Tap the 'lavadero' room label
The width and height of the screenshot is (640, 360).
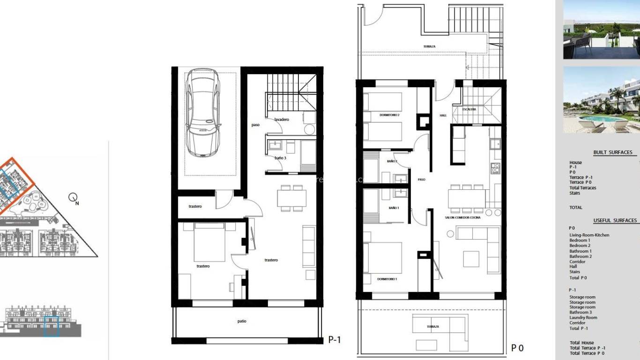282,120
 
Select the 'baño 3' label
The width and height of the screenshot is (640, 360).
280,158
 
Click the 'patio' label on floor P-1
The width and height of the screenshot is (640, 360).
242,321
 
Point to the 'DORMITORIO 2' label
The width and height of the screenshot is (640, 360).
389,115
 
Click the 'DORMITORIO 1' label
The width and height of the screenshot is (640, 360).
387,279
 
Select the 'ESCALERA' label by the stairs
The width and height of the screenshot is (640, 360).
469,109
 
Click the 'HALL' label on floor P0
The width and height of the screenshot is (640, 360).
443,115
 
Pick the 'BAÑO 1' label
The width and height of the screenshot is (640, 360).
394,208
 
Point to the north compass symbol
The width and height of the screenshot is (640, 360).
73,198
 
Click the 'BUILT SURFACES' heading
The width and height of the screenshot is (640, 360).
612,152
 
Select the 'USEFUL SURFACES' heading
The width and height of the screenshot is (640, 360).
615,220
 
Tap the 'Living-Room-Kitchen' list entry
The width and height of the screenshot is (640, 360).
589,235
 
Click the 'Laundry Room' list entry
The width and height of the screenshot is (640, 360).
583,317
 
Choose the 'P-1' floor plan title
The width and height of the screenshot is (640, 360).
335,340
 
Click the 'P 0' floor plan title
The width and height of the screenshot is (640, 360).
517,348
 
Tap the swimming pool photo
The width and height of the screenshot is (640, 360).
601,100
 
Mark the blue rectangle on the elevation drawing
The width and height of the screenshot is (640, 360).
51,326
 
